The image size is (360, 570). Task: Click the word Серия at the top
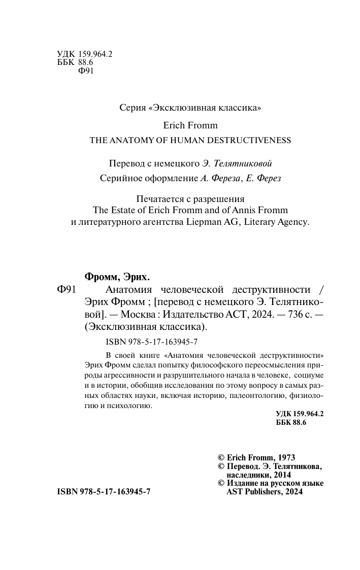tap(131, 108)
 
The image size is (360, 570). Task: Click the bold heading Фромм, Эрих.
tap(116, 277)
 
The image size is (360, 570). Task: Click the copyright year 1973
tap(285, 457)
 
